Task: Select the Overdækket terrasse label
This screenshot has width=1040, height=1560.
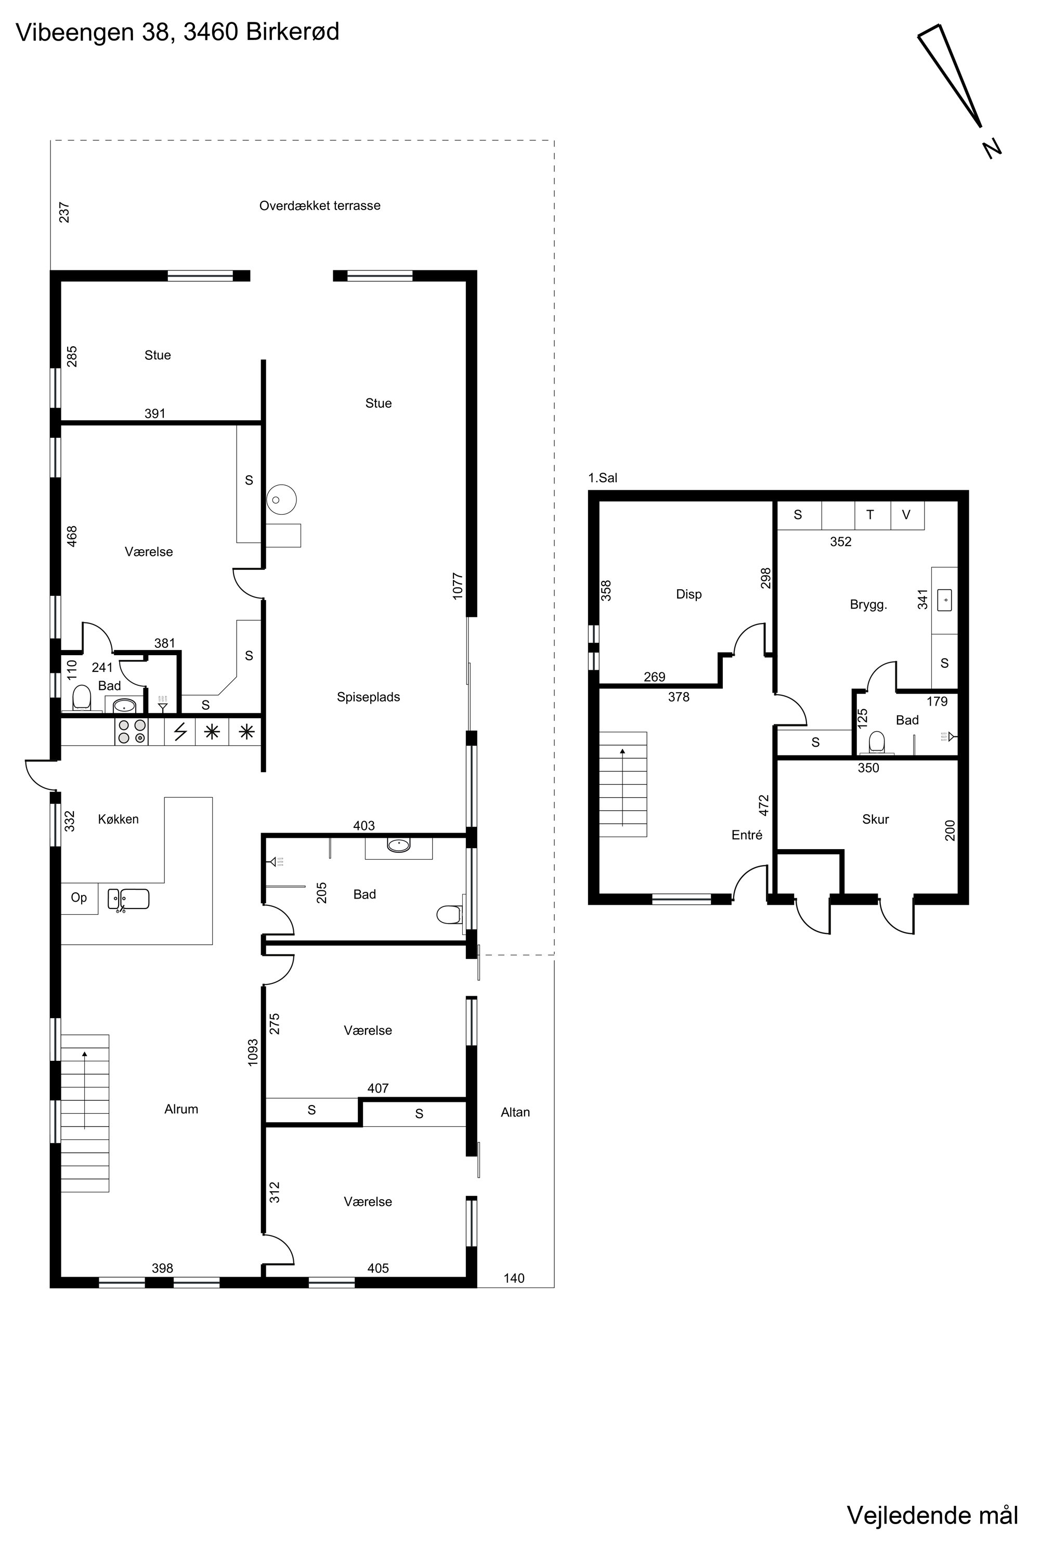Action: tap(320, 205)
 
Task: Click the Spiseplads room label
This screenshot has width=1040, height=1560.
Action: tap(368, 697)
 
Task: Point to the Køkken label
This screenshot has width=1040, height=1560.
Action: tap(118, 819)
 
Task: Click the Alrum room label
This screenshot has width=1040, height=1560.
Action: tap(181, 1109)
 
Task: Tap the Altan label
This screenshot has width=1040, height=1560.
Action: tap(515, 1112)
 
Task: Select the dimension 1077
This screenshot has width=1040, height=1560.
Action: tap(458, 587)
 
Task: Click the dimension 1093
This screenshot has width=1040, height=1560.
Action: tap(253, 1052)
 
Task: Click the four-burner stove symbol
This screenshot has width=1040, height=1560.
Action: tap(132, 732)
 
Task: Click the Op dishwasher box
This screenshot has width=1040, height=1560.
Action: tap(80, 899)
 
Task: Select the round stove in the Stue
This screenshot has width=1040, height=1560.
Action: tap(282, 499)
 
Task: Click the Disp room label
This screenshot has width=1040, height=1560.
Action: tap(688, 594)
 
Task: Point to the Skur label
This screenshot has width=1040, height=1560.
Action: tap(876, 819)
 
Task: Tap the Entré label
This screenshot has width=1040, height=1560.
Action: tap(747, 835)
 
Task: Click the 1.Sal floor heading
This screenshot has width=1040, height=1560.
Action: tap(603, 477)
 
